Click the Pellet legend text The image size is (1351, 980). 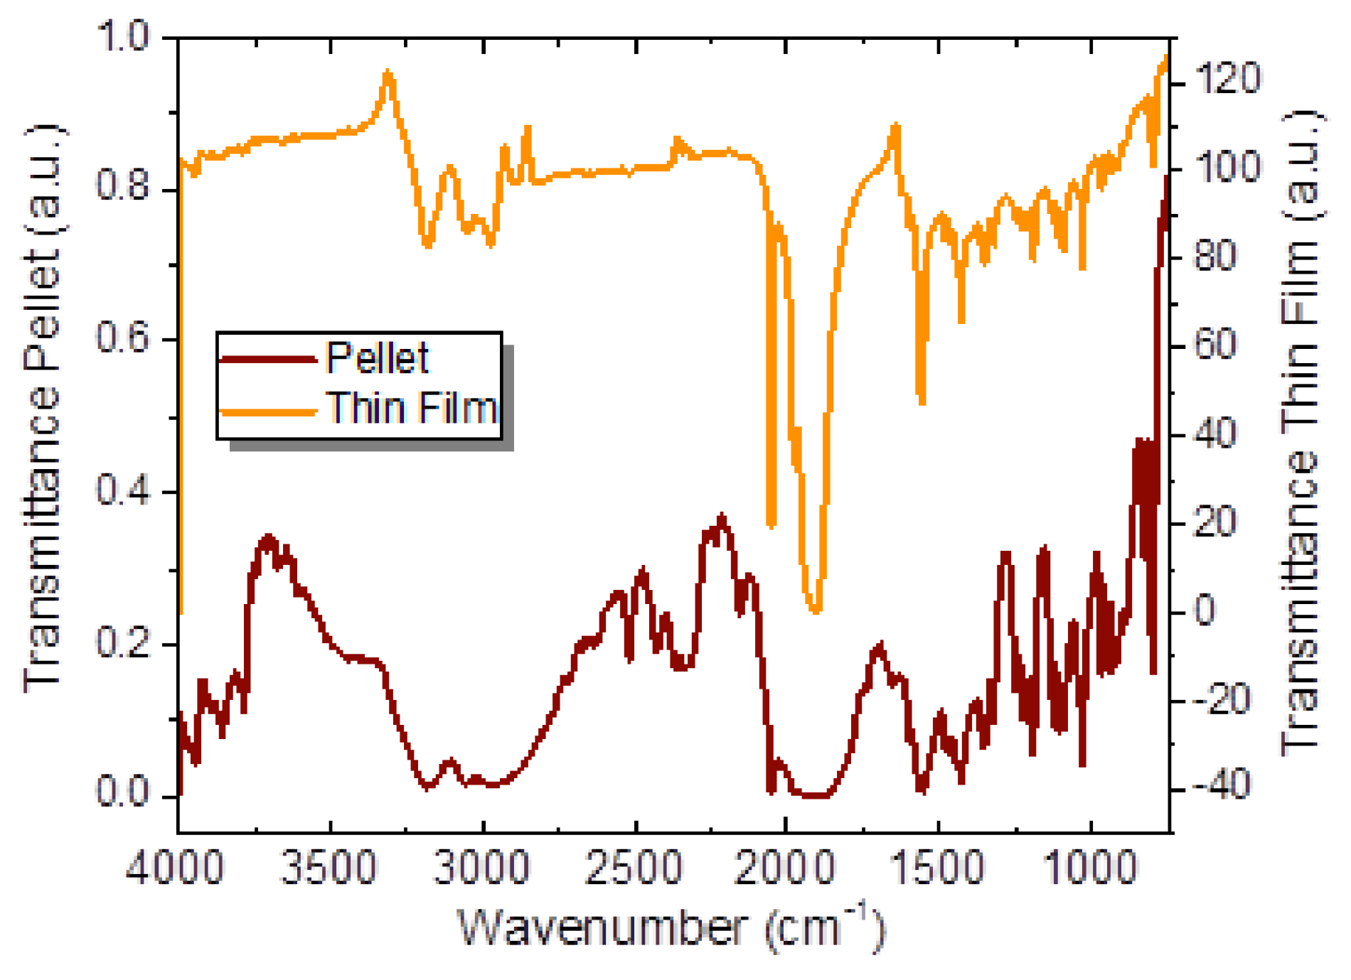377,357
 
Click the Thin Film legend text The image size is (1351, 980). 412,409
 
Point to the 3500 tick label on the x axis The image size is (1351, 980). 329,868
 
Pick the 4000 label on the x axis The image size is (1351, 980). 175,868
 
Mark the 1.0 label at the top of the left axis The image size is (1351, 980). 124,36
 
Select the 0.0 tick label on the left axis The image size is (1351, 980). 124,792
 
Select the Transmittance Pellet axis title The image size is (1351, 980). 43,409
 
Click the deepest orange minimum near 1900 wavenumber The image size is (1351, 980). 816,610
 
